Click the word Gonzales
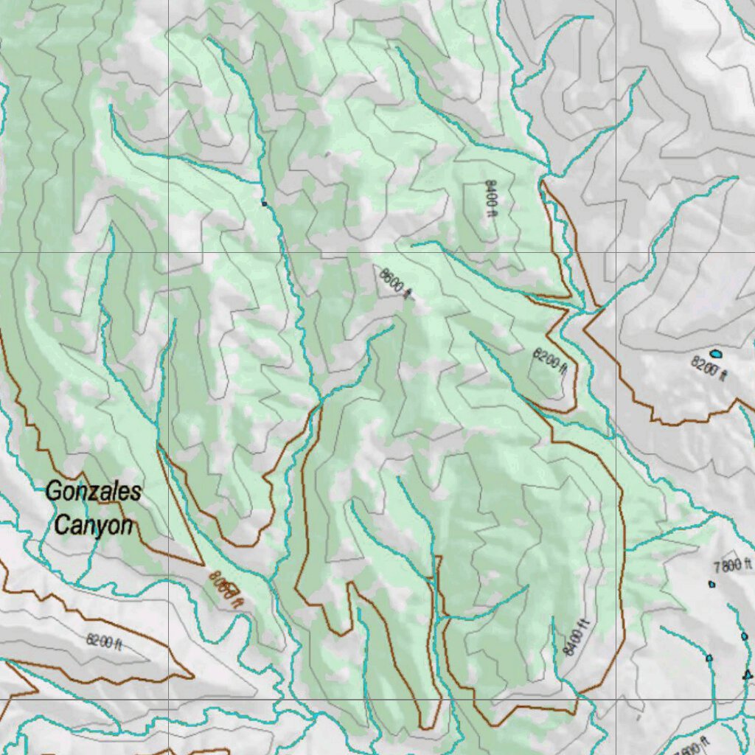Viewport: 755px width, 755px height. [93, 491]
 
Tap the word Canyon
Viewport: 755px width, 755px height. [94, 526]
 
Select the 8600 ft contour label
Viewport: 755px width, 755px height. [395, 284]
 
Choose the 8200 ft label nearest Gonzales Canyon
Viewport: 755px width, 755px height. [104, 641]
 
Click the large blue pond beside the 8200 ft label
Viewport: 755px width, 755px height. [715, 353]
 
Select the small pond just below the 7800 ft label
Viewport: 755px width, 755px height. [711, 584]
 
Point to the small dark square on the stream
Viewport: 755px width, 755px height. [264, 203]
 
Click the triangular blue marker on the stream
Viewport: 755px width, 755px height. [746, 674]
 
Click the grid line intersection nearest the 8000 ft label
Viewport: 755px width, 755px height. [169, 698]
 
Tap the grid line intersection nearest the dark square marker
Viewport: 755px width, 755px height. [169, 252]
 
